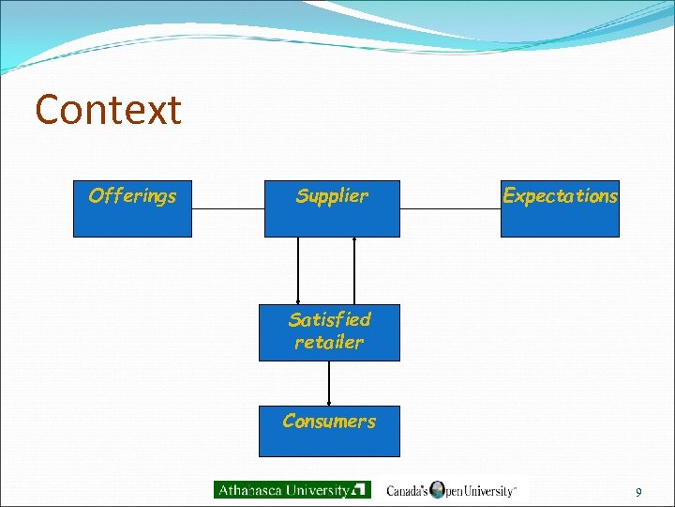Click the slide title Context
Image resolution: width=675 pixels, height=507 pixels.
click(108, 111)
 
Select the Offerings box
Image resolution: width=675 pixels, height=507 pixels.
click(132, 208)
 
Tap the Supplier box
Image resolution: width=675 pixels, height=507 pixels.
click(331, 208)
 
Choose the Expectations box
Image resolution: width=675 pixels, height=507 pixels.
click(560, 208)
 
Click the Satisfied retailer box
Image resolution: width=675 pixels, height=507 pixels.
click(329, 332)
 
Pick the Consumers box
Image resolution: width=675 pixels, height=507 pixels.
click(329, 431)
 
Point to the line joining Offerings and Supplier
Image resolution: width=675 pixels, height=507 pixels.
click(228, 208)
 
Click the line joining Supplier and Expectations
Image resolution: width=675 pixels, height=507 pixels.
click(450, 208)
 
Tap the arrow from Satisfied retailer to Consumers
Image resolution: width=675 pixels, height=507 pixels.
click(329, 383)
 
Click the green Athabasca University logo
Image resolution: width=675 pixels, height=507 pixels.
click(292, 489)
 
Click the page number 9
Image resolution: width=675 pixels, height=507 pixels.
click(638, 492)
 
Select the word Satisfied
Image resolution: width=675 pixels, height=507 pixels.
click(329, 319)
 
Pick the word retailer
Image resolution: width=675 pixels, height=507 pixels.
click(329, 343)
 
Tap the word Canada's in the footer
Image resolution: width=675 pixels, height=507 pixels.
click(408, 490)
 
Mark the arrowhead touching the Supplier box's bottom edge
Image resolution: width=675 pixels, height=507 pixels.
click(354, 239)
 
